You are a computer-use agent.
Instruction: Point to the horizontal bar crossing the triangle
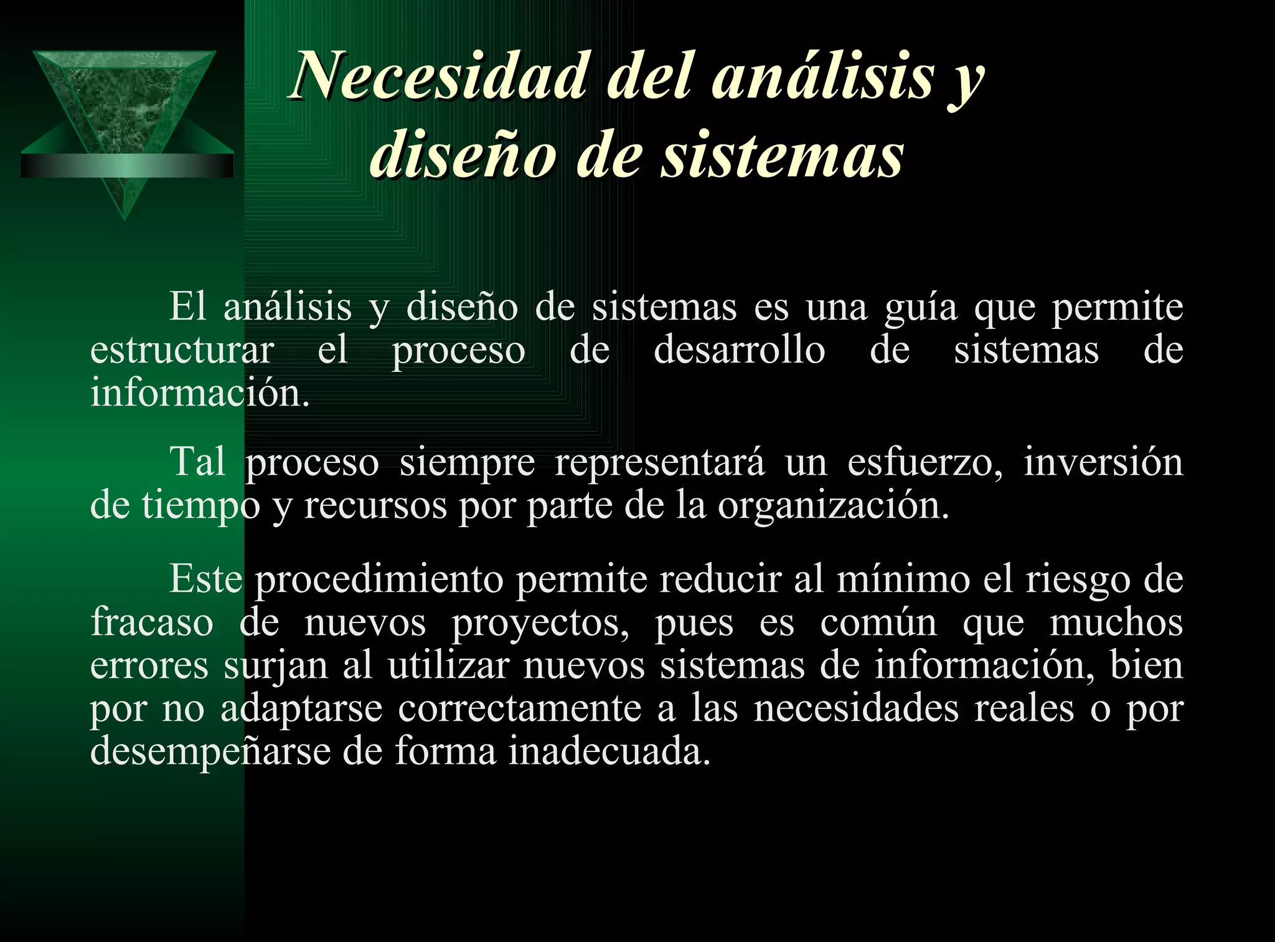click(x=127, y=166)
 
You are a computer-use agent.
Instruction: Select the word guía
click(x=921, y=308)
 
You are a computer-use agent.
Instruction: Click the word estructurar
click(x=182, y=350)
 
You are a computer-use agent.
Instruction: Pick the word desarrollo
click(x=739, y=350)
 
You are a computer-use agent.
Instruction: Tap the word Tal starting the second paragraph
click(x=197, y=462)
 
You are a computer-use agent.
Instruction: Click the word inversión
click(x=1103, y=462)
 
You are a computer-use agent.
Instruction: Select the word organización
click(x=833, y=506)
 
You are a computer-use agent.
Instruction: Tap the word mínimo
click(x=903, y=579)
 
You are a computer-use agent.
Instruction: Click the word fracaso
click(x=152, y=622)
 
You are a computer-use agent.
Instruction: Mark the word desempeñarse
click(x=210, y=751)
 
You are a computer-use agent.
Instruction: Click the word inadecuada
click(x=609, y=751)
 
